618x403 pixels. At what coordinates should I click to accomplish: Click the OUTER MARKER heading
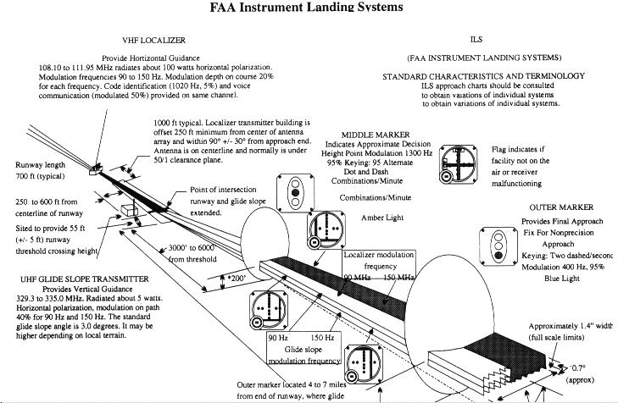point(561,207)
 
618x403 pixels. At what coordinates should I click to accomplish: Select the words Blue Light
point(563,277)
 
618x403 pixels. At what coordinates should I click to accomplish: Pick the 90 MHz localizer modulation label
point(357,277)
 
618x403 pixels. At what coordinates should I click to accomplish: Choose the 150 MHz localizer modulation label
point(400,277)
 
